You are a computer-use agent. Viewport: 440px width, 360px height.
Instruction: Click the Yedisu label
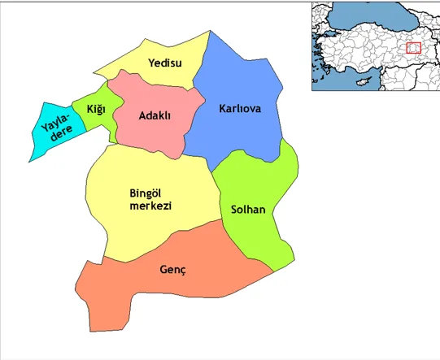tap(164, 63)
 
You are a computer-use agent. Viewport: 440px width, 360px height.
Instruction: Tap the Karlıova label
tap(240, 108)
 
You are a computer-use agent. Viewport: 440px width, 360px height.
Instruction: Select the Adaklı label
tap(155, 116)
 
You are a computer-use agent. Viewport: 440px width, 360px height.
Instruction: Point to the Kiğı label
tap(94, 109)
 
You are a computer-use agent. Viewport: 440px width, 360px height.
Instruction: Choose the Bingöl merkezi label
tap(150, 199)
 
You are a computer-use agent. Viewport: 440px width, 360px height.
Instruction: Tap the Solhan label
tap(248, 209)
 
